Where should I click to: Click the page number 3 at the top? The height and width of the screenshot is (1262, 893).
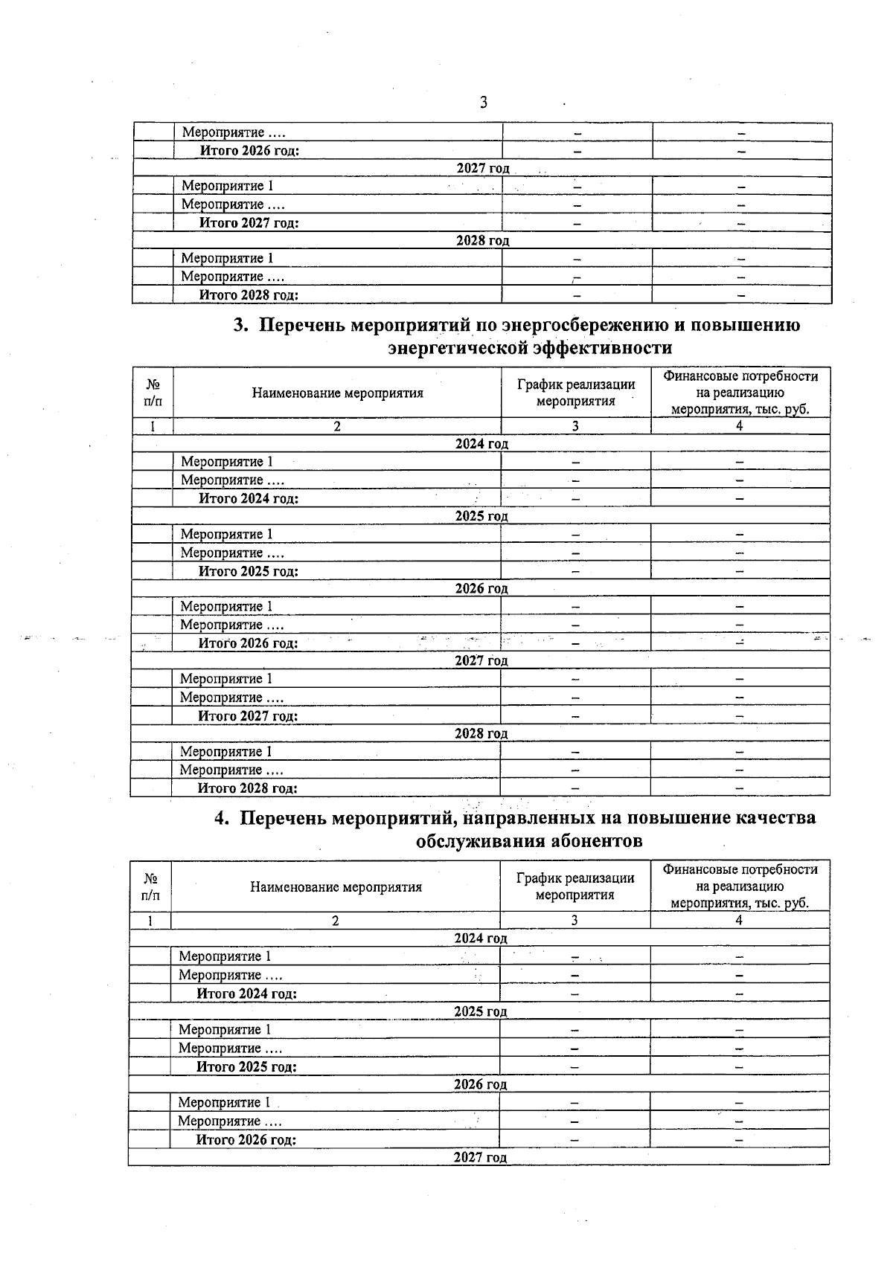point(484,103)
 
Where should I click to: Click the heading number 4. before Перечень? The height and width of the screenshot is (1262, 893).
point(222,818)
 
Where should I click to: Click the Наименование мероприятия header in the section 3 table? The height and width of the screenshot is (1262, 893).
point(337,393)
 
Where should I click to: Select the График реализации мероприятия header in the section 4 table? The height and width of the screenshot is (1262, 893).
point(575,886)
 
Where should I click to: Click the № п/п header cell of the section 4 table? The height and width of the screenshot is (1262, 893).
point(150,886)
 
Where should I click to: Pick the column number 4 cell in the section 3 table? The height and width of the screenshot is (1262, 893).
point(740,426)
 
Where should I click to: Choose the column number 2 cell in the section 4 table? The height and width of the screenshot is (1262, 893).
point(336,920)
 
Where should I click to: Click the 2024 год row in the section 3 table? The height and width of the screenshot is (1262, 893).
point(481,444)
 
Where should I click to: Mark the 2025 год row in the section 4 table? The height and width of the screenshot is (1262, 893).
point(481,1011)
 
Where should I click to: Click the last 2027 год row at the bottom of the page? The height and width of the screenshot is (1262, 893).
point(481,1157)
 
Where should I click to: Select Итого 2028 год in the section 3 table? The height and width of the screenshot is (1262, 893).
point(248,788)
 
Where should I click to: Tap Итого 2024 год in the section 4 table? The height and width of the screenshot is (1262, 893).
point(247,994)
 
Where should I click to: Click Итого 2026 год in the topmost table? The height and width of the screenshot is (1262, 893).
point(250,151)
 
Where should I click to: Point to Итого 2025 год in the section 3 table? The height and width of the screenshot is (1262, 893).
point(249,571)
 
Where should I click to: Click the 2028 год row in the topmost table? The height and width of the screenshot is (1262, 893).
point(482,241)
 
